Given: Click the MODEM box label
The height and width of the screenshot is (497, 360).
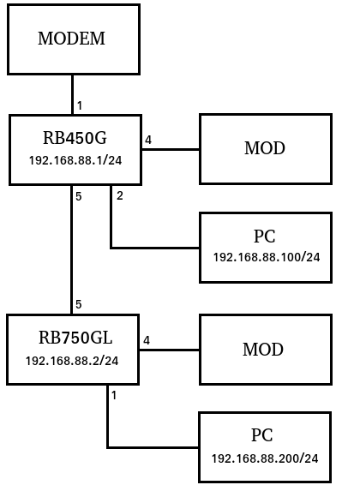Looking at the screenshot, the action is pyautogui.click(x=71, y=39).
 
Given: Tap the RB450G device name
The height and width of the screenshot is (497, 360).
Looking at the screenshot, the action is pyautogui.click(x=75, y=138).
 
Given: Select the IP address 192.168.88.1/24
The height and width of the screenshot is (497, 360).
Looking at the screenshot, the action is pyautogui.click(x=75, y=160).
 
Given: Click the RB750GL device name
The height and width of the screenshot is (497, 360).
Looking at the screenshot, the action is pyautogui.click(x=75, y=338).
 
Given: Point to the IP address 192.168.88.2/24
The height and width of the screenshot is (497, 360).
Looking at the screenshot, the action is pyautogui.click(x=72, y=361).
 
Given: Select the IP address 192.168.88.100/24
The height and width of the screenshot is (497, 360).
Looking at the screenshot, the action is pyautogui.click(x=267, y=257).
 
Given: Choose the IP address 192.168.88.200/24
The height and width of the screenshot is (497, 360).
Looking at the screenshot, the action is pyautogui.click(x=265, y=458).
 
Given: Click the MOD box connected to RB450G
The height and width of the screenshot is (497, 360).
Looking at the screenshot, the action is pyautogui.click(x=266, y=149).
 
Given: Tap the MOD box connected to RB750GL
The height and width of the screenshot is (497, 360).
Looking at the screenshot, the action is pyautogui.click(x=266, y=350).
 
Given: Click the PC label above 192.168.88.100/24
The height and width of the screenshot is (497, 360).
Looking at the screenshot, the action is pyautogui.click(x=265, y=237).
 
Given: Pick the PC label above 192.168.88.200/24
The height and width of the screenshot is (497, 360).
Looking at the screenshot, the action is pyautogui.click(x=262, y=435).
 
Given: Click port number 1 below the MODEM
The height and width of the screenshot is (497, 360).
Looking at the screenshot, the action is pyautogui.click(x=80, y=105).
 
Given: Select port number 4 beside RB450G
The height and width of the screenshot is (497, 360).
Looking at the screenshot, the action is pyautogui.click(x=148, y=140).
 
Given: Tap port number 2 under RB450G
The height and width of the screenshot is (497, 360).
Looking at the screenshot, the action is pyautogui.click(x=120, y=196).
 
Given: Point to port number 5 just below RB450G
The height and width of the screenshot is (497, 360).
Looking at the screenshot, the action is pyautogui.click(x=79, y=196).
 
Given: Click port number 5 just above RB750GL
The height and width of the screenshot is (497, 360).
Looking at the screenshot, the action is pyautogui.click(x=79, y=304).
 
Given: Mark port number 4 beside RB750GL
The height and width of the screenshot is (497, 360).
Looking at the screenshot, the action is pyautogui.click(x=147, y=340).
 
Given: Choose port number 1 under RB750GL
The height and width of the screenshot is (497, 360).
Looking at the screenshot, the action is pyautogui.click(x=114, y=395).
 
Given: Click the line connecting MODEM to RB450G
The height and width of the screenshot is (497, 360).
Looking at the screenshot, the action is pyautogui.click(x=73, y=94).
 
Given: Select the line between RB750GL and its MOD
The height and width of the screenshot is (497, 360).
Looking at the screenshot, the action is pyautogui.click(x=170, y=350).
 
